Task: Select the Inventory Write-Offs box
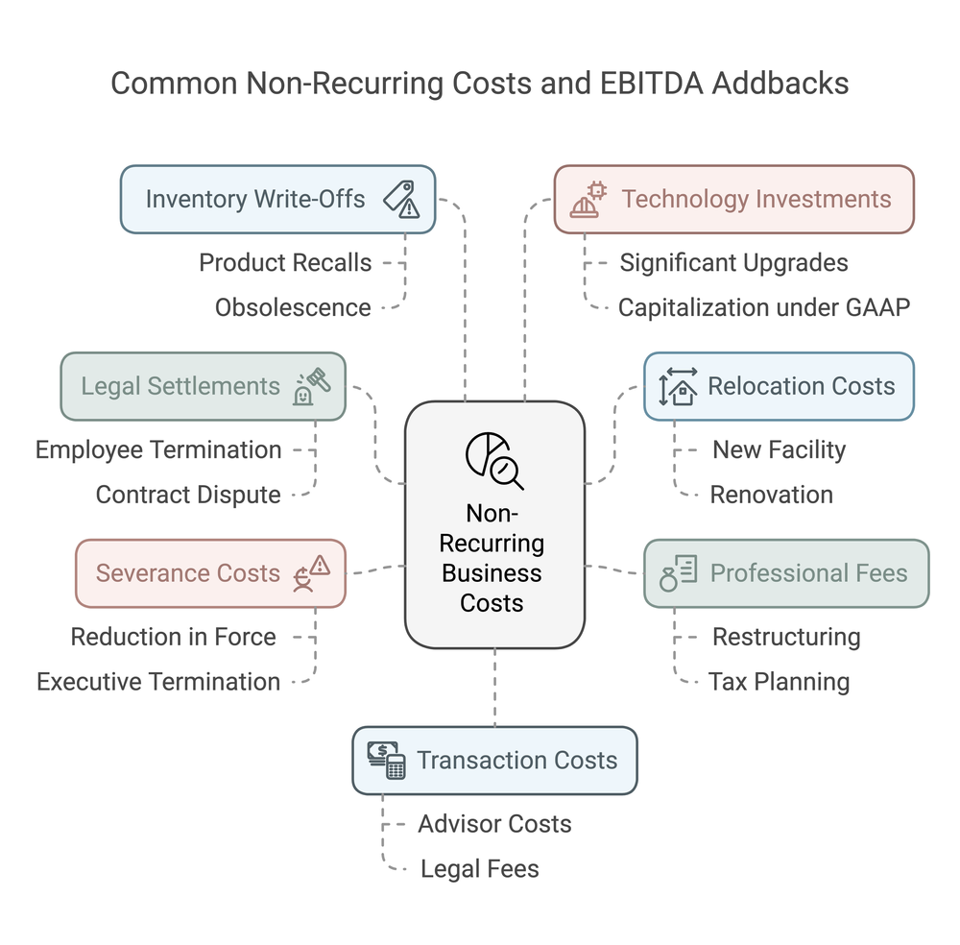(277, 199)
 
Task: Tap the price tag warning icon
(401, 199)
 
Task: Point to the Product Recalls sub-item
(285, 262)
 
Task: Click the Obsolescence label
(293, 307)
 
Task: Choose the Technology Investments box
(733, 199)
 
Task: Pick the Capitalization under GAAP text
(763, 307)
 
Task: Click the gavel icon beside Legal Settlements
(311, 387)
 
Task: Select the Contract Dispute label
(188, 495)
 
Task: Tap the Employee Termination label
(158, 449)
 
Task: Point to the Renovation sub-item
(771, 495)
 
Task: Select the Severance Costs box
(210, 573)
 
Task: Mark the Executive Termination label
(158, 682)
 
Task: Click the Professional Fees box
(785, 573)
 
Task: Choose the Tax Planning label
(779, 682)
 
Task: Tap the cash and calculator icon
(386, 760)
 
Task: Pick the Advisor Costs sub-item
(494, 824)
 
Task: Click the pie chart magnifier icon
(493, 460)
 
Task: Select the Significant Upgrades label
(733, 262)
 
